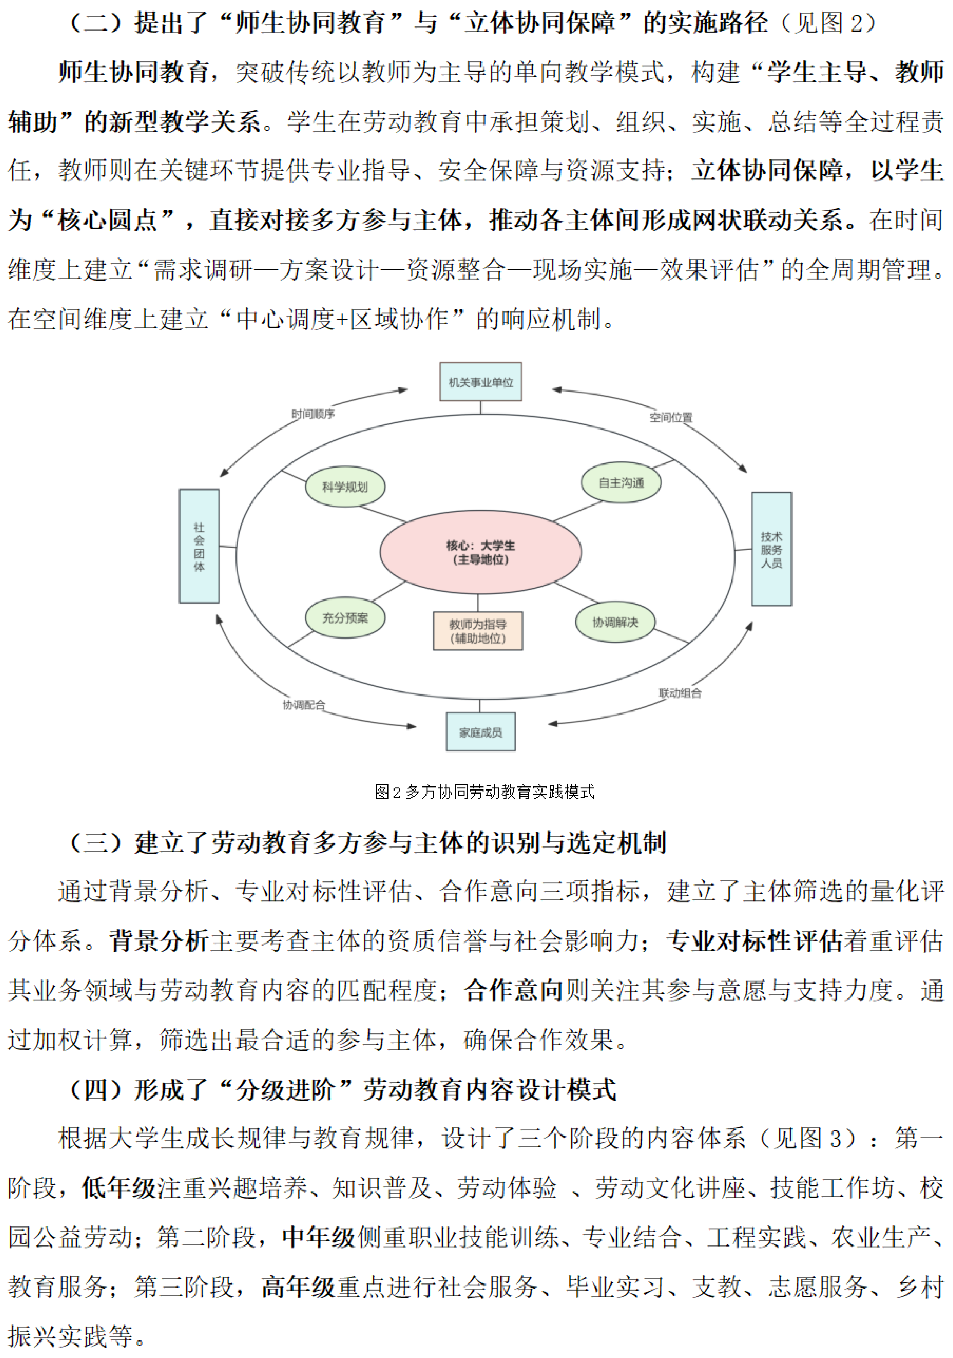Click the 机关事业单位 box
480,382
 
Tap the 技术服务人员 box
771,549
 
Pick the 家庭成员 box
480,732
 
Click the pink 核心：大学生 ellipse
480,552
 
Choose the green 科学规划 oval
345,487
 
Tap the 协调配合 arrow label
303,704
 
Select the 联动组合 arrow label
680,692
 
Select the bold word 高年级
299,1286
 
